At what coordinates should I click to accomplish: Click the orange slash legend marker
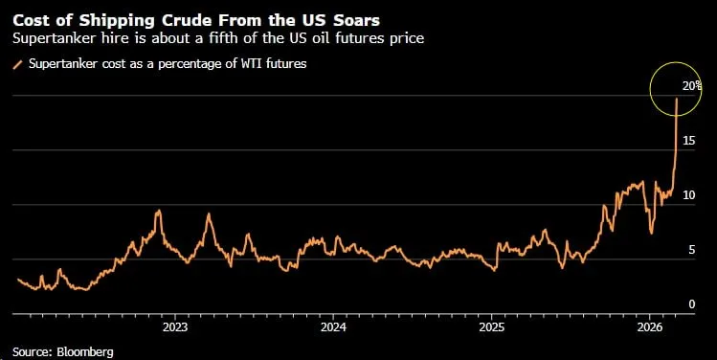16,64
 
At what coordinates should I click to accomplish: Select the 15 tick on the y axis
689,141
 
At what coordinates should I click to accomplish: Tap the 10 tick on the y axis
689,195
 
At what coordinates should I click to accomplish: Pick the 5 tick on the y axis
692,250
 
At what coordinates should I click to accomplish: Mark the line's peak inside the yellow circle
678,99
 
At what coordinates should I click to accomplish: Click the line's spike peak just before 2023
158,211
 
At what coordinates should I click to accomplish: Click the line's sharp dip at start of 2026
651,232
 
